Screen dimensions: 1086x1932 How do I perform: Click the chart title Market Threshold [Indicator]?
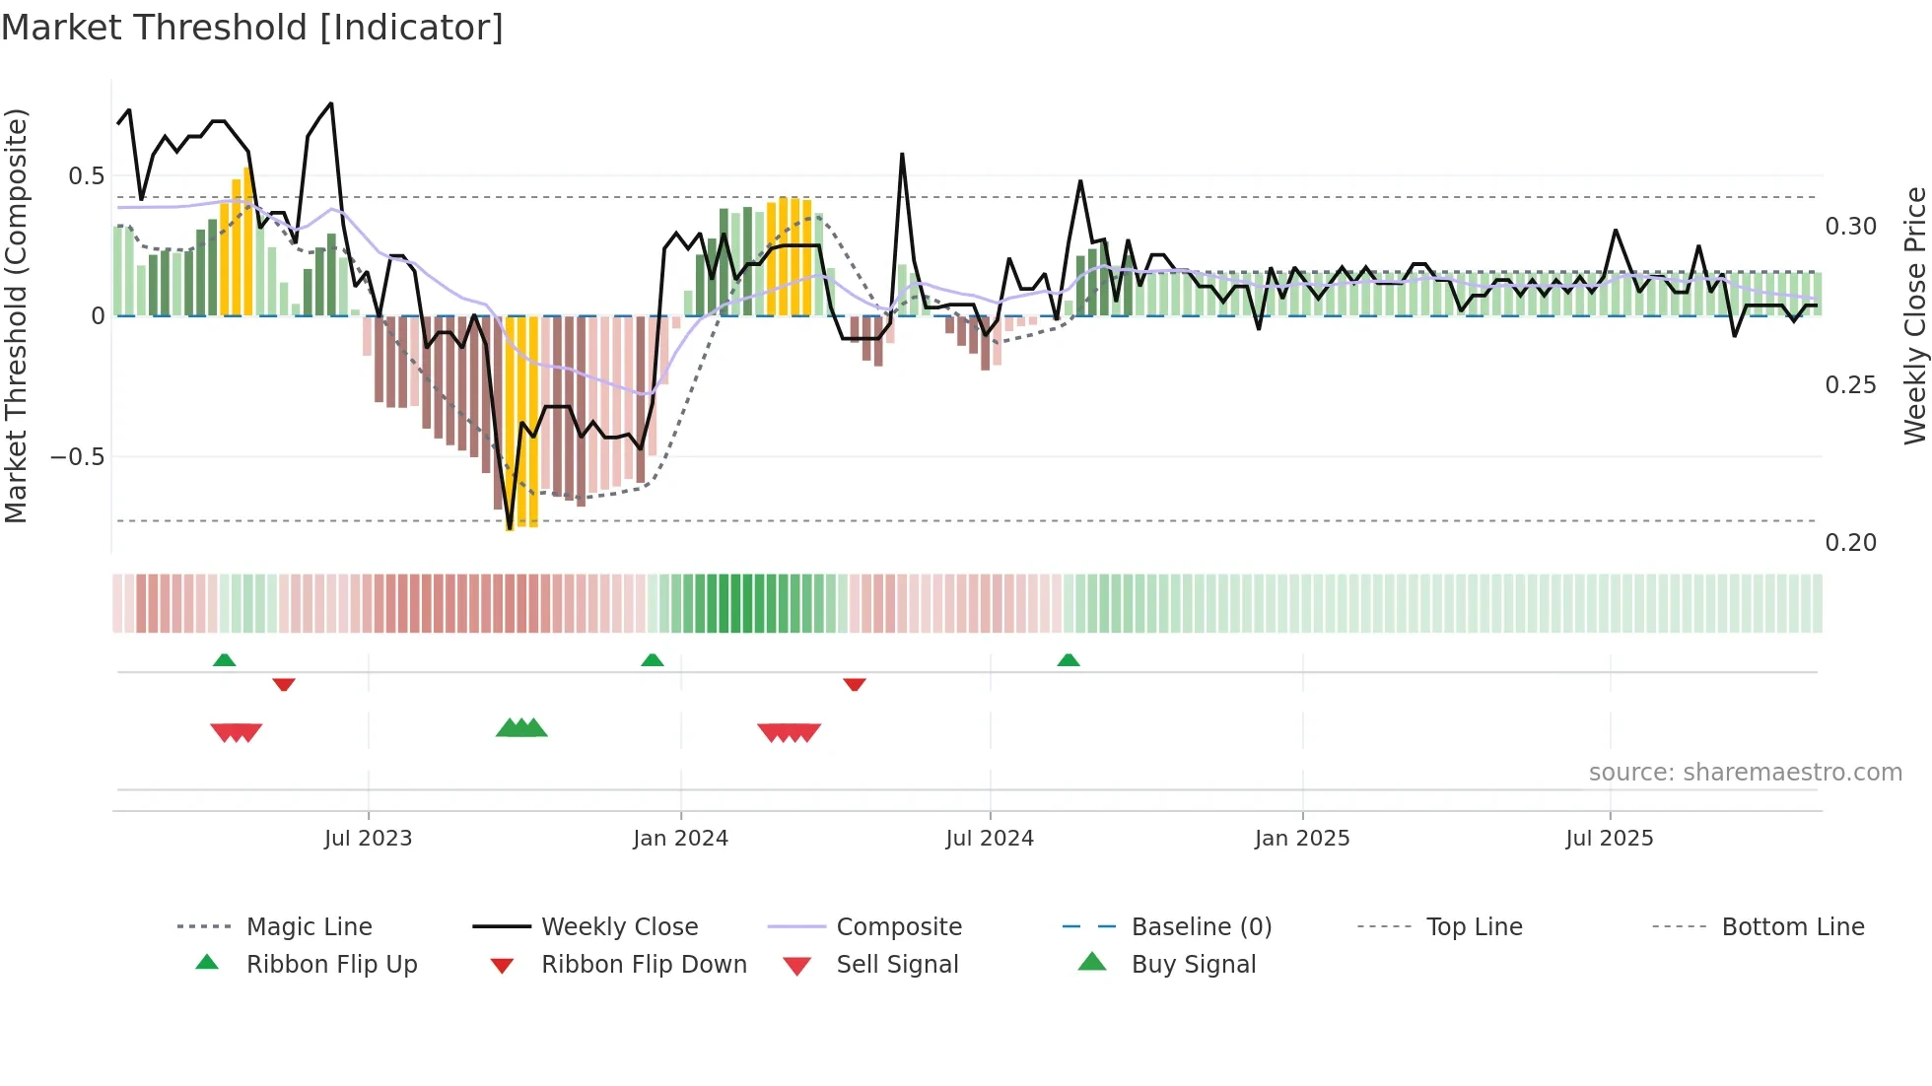pos(252,28)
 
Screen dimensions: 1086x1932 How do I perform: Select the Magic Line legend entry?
pos(309,926)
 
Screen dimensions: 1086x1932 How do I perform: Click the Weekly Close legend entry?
pos(619,926)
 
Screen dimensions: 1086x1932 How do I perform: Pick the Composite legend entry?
pos(898,926)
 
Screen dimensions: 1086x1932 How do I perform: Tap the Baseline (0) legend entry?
pos(1201,926)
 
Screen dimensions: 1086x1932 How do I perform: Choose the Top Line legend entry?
pos(1474,926)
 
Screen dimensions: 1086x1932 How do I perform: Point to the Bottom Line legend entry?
pos(1792,926)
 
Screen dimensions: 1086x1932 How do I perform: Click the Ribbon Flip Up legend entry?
pos(331,964)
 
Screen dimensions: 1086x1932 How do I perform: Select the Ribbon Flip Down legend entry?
pos(643,964)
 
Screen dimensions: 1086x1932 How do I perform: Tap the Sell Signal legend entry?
pos(896,964)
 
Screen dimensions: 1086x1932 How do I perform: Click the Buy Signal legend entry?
pos(1193,964)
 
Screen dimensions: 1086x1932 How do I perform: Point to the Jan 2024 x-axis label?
pos(680,839)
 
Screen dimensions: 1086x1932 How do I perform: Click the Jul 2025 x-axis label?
pos(1609,839)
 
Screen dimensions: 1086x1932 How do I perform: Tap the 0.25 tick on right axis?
pos(1850,385)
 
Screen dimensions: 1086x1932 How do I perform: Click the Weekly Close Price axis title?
pos(1914,315)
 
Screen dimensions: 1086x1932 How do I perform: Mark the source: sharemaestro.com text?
pos(1745,773)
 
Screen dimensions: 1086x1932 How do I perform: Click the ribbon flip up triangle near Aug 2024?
pos(1069,660)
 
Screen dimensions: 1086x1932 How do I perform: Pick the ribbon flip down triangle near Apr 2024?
pos(855,684)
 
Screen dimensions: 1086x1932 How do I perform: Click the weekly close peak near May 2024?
pos(902,155)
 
